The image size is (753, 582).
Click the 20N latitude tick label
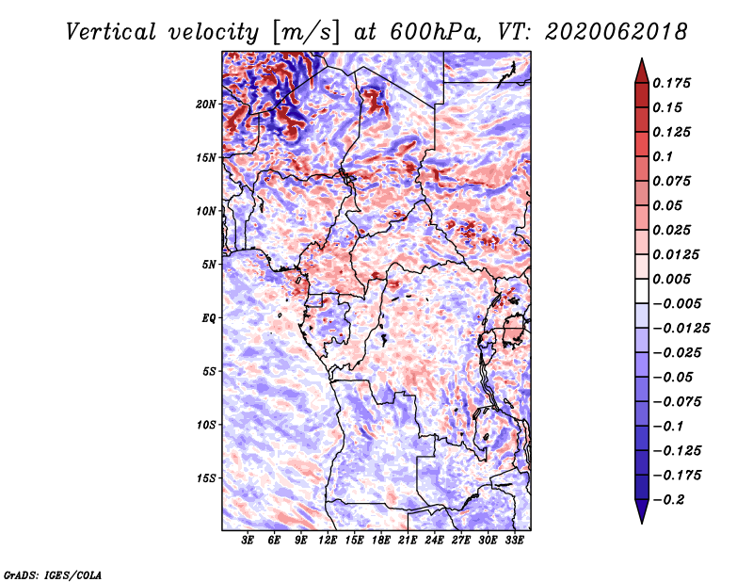(x=206, y=104)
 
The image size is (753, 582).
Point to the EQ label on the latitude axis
(x=208, y=318)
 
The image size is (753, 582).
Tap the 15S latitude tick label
(x=206, y=478)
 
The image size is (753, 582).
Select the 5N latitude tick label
(x=209, y=265)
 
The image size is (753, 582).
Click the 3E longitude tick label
(x=248, y=541)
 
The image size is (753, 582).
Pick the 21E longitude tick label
(x=408, y=541)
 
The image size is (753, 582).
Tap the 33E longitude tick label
(x=514, y=541)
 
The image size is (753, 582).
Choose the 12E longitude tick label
(x=328, y=541)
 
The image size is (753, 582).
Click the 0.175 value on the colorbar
(x=674, y=83)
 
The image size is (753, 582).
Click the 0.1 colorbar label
(x=665, y=156)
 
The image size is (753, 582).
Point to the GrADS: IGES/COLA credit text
(x=53, y=574)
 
